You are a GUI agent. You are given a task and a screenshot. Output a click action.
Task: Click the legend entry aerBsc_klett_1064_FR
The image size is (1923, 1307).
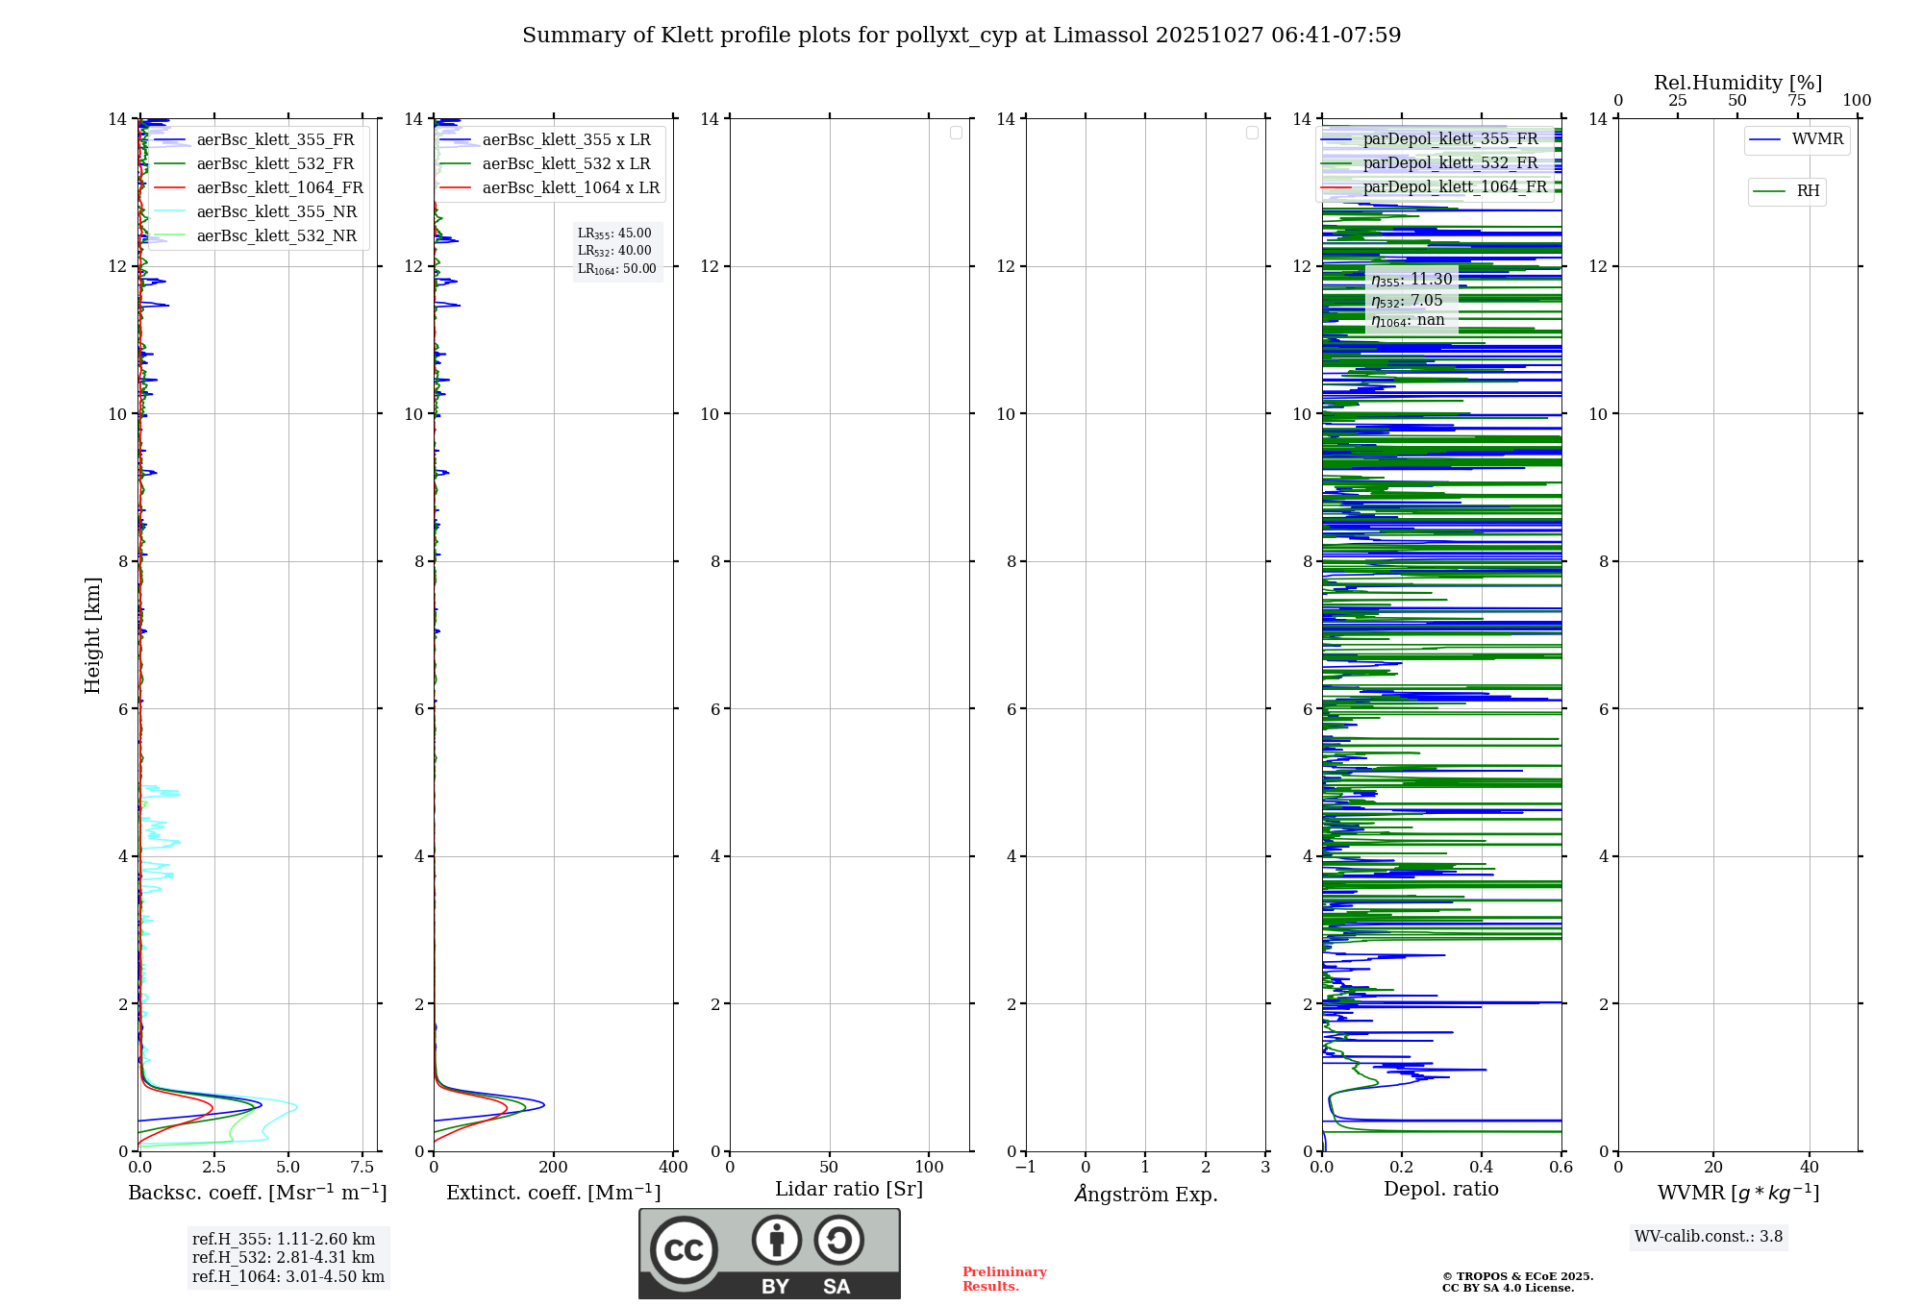[x=280, y=188]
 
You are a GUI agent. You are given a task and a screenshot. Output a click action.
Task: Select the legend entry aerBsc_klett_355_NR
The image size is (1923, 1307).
[x=276, y=212]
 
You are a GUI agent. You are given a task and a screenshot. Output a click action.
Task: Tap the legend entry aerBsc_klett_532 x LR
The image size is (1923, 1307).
[x=565, y=164]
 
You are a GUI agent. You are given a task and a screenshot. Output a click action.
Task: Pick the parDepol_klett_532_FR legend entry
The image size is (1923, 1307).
[x=1450, y=163]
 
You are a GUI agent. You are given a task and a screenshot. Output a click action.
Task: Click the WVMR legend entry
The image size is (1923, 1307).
[x=1817, y=139]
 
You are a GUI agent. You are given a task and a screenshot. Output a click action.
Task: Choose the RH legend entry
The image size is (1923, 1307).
[x=1808, y=191]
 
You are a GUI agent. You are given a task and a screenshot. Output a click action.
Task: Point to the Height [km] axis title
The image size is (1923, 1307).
[x=92, y=635]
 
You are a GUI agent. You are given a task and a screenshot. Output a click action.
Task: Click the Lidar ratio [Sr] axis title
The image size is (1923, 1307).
[x=849, y=1190]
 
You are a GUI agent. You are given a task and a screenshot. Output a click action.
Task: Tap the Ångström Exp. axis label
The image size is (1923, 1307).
[x=1146, y=1195]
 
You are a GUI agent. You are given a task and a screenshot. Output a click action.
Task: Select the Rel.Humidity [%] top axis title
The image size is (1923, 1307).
[x=1737, y=83]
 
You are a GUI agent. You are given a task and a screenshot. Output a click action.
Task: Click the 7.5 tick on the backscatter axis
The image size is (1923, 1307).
[x=362, y=1168]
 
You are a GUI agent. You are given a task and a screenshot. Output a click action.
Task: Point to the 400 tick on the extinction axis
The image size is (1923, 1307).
[x=673, y=1168]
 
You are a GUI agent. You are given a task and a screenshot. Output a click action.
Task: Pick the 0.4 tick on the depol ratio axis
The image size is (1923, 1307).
[x=1482, y=1168]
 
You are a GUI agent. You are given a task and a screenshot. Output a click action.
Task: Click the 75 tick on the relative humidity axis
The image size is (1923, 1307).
[x=1796, y=101]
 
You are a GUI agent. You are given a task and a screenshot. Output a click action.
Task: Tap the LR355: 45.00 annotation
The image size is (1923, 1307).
[x=614, y=234]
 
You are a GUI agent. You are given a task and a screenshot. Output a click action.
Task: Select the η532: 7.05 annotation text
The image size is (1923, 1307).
[x=1407, y=301]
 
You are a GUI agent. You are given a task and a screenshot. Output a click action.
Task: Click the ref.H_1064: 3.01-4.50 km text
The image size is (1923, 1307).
[x=288, y=1277]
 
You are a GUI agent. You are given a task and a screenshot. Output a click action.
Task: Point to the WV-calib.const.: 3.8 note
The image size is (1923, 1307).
[x=1709, y=1237]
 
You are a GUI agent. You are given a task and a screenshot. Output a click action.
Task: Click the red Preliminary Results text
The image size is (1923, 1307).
[x=1004, y=1279]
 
